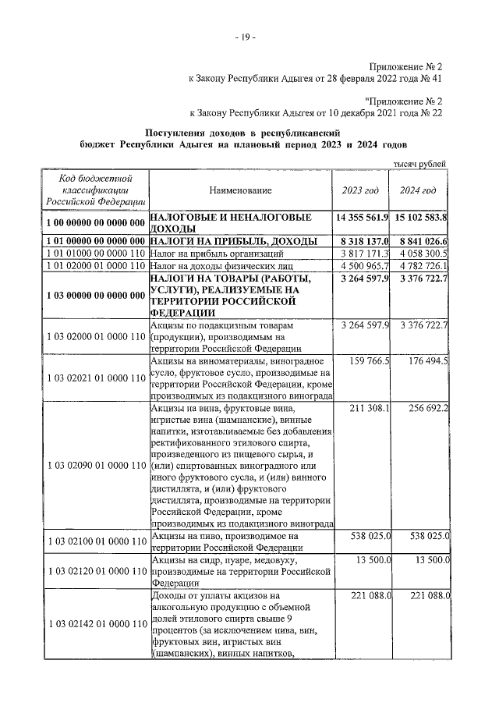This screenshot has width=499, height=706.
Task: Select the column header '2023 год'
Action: point(360,190)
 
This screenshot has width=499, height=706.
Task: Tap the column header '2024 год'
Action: point(419,190)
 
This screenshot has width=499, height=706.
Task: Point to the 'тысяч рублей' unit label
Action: point(421,164)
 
